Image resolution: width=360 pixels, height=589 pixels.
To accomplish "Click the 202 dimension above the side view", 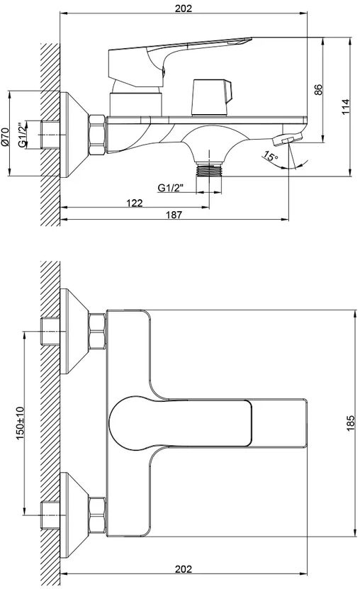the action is [x=184, y=8].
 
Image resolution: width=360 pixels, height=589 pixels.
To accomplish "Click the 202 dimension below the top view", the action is [x=184, y=568].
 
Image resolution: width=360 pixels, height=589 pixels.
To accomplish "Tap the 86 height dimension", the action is [x=318, y=89].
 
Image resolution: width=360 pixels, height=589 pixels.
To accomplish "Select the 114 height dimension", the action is [x=345, y=107].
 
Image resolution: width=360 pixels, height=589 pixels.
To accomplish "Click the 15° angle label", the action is [x=270, y=156].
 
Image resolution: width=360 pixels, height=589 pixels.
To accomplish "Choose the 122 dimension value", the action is [x=135, y=203].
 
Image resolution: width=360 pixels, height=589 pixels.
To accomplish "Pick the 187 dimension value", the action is [x=174, y=215].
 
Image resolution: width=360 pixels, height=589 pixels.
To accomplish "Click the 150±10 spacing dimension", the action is [x=20, y=422].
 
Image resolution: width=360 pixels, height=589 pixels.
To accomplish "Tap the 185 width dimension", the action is [x=350, y=423].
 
